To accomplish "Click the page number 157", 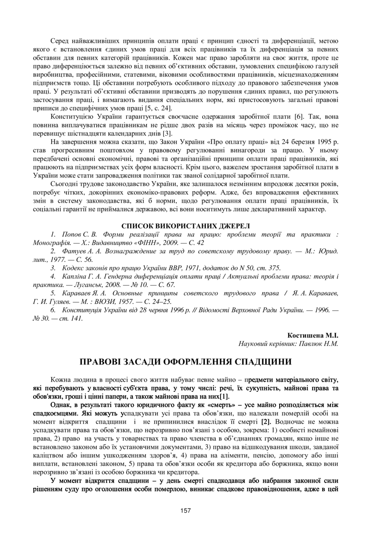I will [192, 510].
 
